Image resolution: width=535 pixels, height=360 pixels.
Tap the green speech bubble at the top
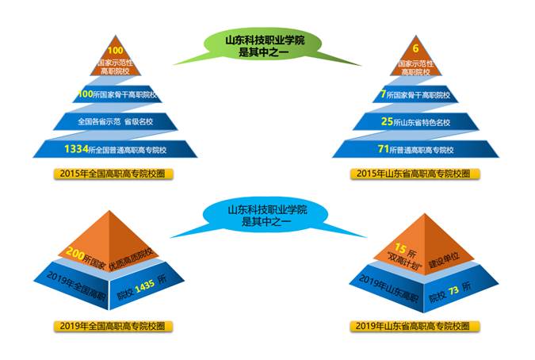tap(262, 46)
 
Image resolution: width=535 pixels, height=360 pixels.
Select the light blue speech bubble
tap(262, 216)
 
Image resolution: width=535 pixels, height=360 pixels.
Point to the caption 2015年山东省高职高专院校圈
tap(412, 173)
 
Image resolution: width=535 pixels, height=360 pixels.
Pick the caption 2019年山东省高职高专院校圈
tap(412, 326)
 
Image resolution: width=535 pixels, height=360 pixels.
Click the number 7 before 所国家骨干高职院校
tap(384, 95)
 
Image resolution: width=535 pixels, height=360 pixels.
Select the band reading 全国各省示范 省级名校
tap(114, 122)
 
